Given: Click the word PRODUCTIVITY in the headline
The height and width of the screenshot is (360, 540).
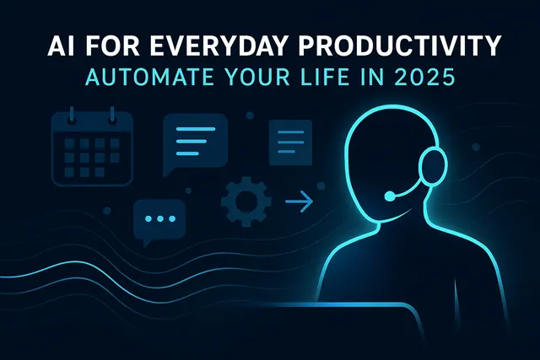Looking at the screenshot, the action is tap(399, 45).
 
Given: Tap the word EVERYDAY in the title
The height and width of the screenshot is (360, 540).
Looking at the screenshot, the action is tap(218, 45).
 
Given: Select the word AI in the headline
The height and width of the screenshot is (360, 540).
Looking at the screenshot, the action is tap(60, 45).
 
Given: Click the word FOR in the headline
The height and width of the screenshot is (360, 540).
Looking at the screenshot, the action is tap(111, 45).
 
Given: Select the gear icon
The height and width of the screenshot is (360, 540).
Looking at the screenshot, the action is tap(246, 201).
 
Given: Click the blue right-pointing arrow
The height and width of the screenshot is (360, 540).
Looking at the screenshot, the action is tap(299, 201).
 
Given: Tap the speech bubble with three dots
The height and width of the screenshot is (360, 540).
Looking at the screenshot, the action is tap(159, 221).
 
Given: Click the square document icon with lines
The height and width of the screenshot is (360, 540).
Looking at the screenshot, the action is tap(290, 142).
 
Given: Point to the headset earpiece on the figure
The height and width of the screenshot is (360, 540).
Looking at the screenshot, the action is tap(433, 167).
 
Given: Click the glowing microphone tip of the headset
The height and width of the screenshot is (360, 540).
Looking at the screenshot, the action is tap(390, 196).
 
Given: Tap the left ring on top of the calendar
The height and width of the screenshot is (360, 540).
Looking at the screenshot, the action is tap(71, 115).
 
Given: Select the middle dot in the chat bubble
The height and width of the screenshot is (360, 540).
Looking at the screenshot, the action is tap(160, 218).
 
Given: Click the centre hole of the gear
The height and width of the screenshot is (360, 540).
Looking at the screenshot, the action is tap(246, 201).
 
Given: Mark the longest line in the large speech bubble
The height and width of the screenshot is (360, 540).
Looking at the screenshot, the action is tap(195, 129).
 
